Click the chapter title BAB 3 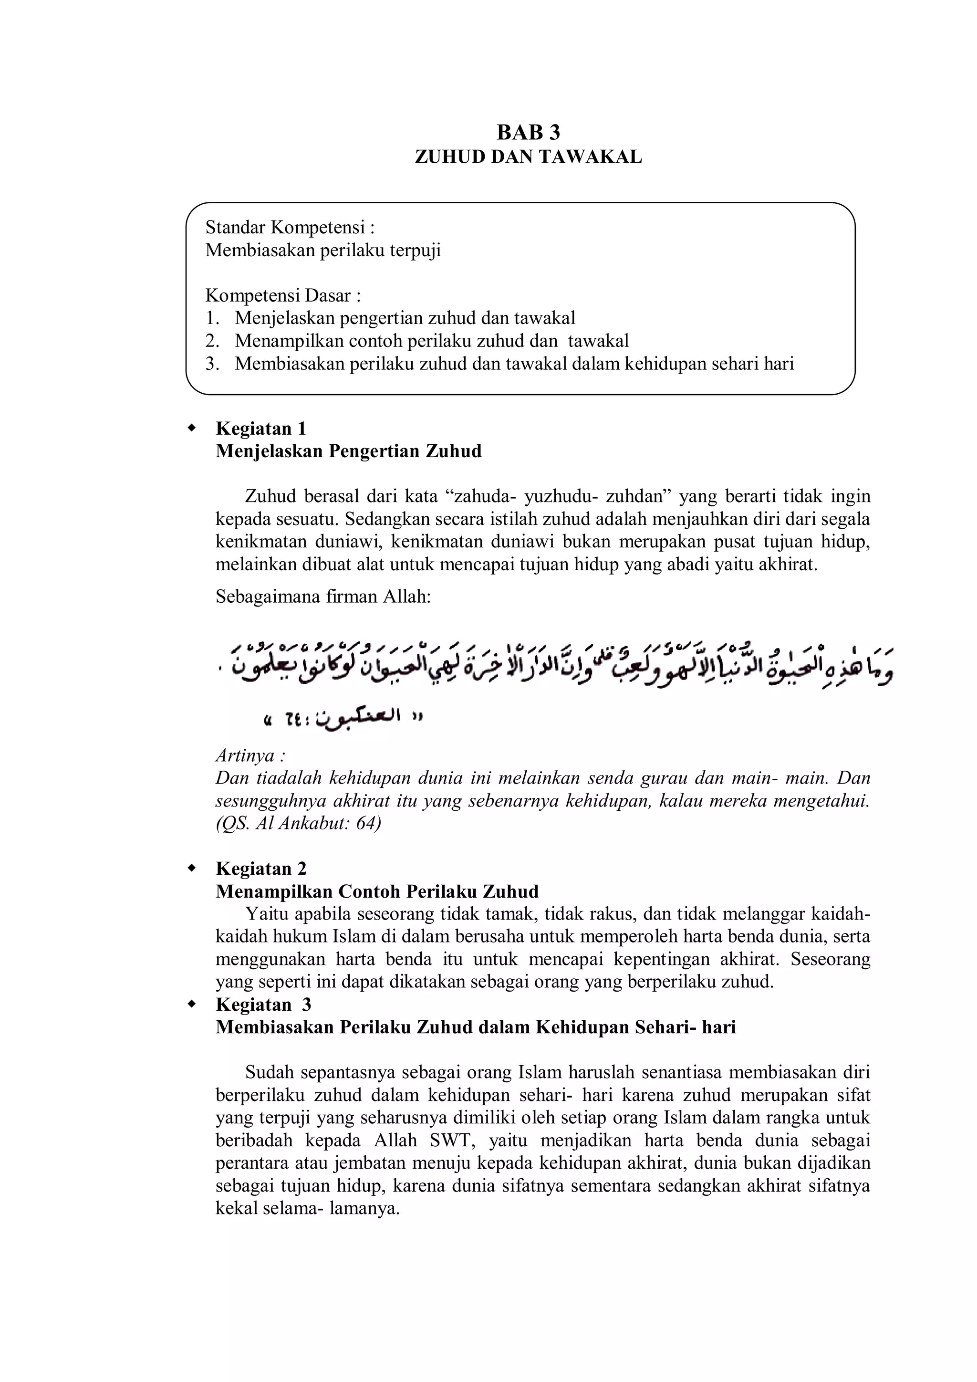click(528, 132)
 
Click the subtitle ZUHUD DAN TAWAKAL click(528, 157)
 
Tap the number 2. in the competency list click(211, 341)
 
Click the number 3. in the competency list click(211, 364)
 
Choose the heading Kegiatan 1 click(261, 429)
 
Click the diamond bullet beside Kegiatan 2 click(192, 869)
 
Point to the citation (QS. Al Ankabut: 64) click(298, 823)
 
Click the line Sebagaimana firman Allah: click(323, 597)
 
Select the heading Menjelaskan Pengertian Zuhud click(348, 451)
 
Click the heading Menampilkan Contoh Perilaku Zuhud click(376, 891)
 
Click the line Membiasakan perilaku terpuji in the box click(323, 251)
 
